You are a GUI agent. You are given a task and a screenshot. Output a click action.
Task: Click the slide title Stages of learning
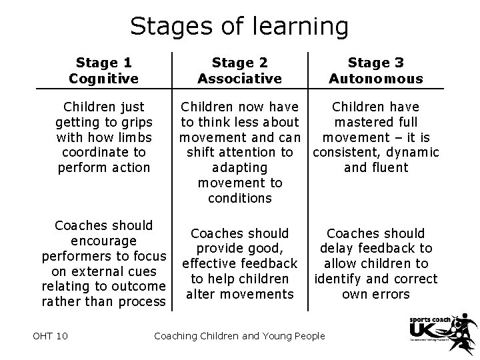point(239,26)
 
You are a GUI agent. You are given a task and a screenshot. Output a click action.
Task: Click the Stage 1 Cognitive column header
point(103,71)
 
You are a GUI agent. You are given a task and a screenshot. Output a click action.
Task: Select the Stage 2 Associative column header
point(239,71)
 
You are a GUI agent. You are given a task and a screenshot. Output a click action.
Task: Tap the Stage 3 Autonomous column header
point(375,71)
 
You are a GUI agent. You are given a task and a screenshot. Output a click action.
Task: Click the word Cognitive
point(103,79)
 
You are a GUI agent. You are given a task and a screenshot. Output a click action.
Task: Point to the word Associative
point(239,79)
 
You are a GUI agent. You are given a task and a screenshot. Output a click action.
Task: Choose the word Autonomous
point(375,79)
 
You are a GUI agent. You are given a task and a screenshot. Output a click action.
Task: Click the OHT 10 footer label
point(49,335)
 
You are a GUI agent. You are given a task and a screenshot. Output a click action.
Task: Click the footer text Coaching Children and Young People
point(239,335)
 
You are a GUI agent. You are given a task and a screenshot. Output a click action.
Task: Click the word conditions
point(239,198)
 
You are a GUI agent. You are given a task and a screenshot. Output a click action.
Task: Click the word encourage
point(103,241)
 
